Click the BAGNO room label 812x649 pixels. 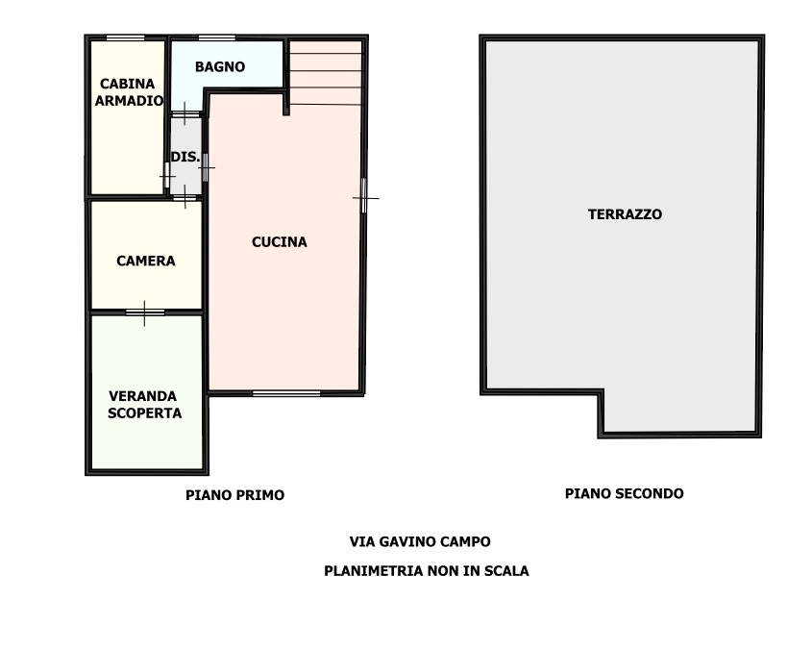tap(219, 66)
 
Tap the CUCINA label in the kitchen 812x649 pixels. tap(279, 242)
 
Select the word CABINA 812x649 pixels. tap(128, 84)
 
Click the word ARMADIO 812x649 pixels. tap(129, 101)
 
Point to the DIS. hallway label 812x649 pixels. tap(185, 157)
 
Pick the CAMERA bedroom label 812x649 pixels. tap(145, 262)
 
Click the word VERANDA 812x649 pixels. tap(142, 396)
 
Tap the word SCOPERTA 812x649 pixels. tap(144, 413)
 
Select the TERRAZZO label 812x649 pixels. tap(625, 214)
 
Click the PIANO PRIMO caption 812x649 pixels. tap(235, 495)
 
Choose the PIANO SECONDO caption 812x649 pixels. tap(624, 493)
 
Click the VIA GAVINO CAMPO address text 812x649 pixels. tap(420, 541)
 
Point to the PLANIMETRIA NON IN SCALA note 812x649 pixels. tap(427, 571)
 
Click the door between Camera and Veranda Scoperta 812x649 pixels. tap(145, 312)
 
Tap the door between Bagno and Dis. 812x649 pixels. tap(185, 114)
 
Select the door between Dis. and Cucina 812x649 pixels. tap(206, 167)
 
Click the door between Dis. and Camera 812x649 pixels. tap(185, 197)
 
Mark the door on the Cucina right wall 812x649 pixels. tap(363, 196)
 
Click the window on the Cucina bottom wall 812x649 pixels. tap(286, 393)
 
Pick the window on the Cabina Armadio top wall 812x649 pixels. tap(125, 37)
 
